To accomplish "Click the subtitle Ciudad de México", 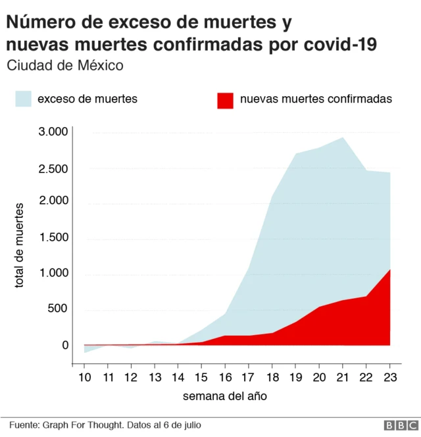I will pyautogui.click(x=64, y=66).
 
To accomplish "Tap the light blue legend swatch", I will pyautogui.click(x=23, y=99).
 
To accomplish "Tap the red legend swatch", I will pyautogui.click(x=225, y=99).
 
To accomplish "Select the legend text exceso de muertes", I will pyautogui.click(x=87, y=99).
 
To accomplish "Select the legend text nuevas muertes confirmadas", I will pyautogui.click(x=316, y=99).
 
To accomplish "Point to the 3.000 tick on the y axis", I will pyautogui.click(x=53, y=132).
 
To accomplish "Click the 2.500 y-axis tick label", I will pyautogui.click(x=53, y=169).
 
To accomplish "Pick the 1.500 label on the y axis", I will pyautogui.click(x=53, y=237).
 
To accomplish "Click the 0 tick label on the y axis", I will pyautogui.click(x=65, y=345).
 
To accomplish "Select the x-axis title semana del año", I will pyautogui.click(x=225, y=396).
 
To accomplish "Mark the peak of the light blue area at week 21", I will pyautogui.click(x=343, y=138).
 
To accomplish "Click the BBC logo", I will pyautogui.click(x=397, y=426).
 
